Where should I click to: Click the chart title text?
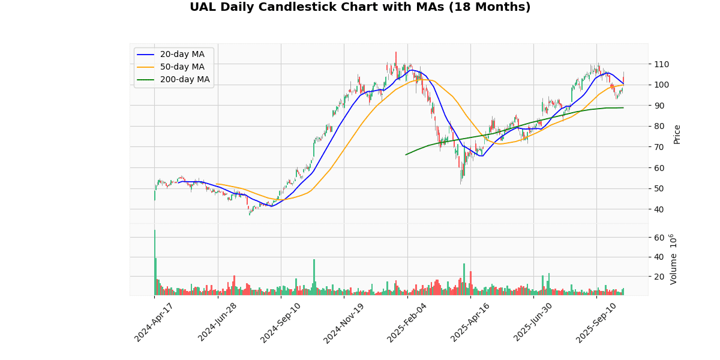coord(360,7)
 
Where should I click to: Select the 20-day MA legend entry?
coord(182,55)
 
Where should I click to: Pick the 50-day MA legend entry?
coord(182,67)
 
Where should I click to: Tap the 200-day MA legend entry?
coord(184,80)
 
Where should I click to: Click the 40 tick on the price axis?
coord(659,209)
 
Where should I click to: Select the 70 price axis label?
coord(659,147)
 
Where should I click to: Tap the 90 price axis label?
coord(659,106)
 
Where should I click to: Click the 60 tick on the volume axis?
coord(659,238)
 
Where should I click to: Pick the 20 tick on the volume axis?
coord(659,277)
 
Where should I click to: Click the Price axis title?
coord(677,134)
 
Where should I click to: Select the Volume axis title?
coord(673,259)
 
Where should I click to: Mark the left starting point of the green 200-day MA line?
coord(406,155)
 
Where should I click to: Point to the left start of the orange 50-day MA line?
coord(216,184)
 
